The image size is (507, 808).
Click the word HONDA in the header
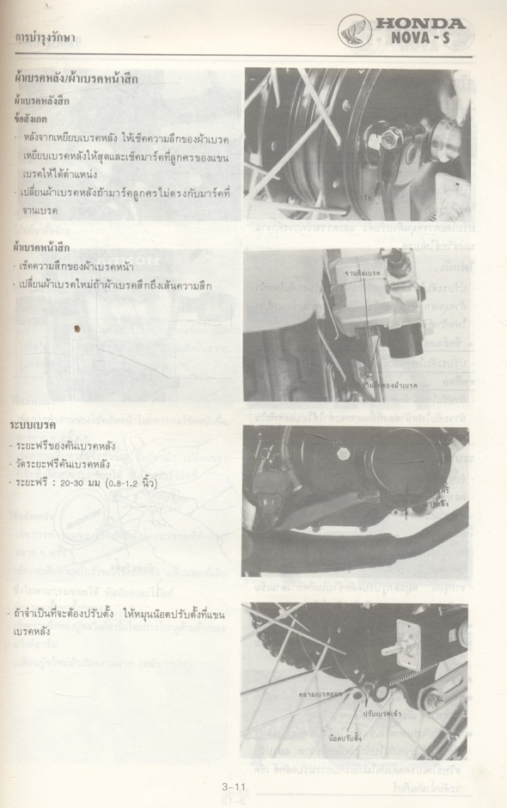point(422,24)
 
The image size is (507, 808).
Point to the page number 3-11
point(235,786)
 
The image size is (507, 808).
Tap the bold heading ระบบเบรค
point(34,425)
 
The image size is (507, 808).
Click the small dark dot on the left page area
point(77,327)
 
